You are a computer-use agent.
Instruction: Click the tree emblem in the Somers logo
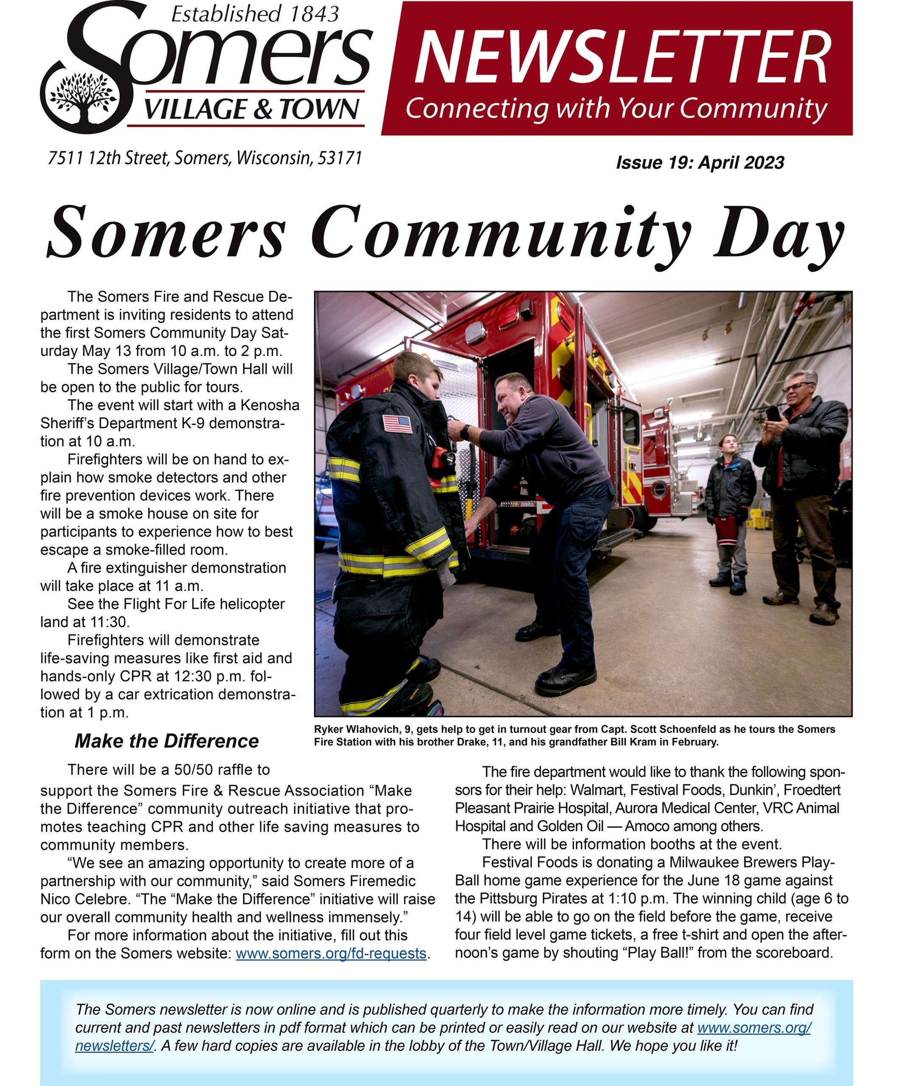click(83, 97)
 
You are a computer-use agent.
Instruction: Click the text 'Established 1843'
click(255, 14)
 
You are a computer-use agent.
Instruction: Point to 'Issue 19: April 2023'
click(700, 162)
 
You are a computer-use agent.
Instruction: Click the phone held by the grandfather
click(773, 413)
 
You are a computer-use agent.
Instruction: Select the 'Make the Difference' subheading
click(166, 741)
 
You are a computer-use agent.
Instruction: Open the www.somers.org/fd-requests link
click(331, 953)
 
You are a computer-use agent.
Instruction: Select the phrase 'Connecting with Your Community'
click(617, 109)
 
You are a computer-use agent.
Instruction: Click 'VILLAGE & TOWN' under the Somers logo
click(251, 109)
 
